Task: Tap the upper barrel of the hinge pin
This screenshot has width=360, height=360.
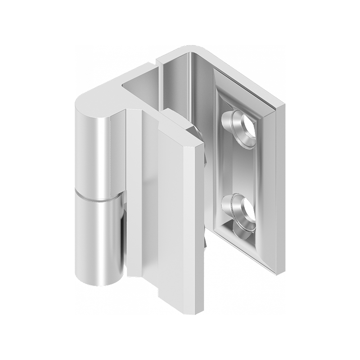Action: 94,153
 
